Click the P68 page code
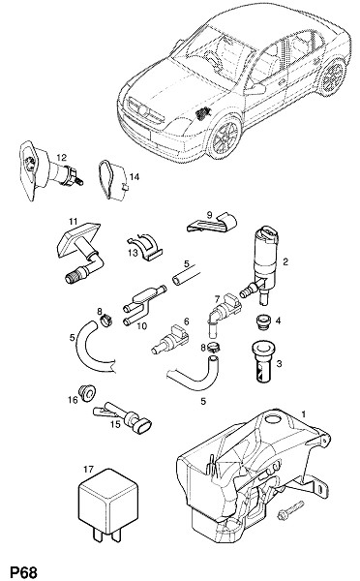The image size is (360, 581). (23, 571)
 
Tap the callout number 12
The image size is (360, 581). (62, 158)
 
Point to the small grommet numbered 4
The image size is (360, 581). (262, 322)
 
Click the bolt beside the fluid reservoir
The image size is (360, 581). (290, 510)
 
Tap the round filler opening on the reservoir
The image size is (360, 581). (274, 419)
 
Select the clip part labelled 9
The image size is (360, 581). (213, 224)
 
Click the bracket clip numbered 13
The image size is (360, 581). (145, 248)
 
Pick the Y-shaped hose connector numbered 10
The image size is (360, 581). (142, 305)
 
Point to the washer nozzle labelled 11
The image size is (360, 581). (80, 253)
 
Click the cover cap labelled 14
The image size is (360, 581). (113, 180)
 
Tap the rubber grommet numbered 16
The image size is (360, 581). (87, 393)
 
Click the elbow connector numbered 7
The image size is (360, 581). (224, 314)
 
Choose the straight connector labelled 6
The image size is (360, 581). (170, 339)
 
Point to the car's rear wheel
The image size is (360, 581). (332, 76)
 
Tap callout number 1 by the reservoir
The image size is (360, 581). (304, 413)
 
